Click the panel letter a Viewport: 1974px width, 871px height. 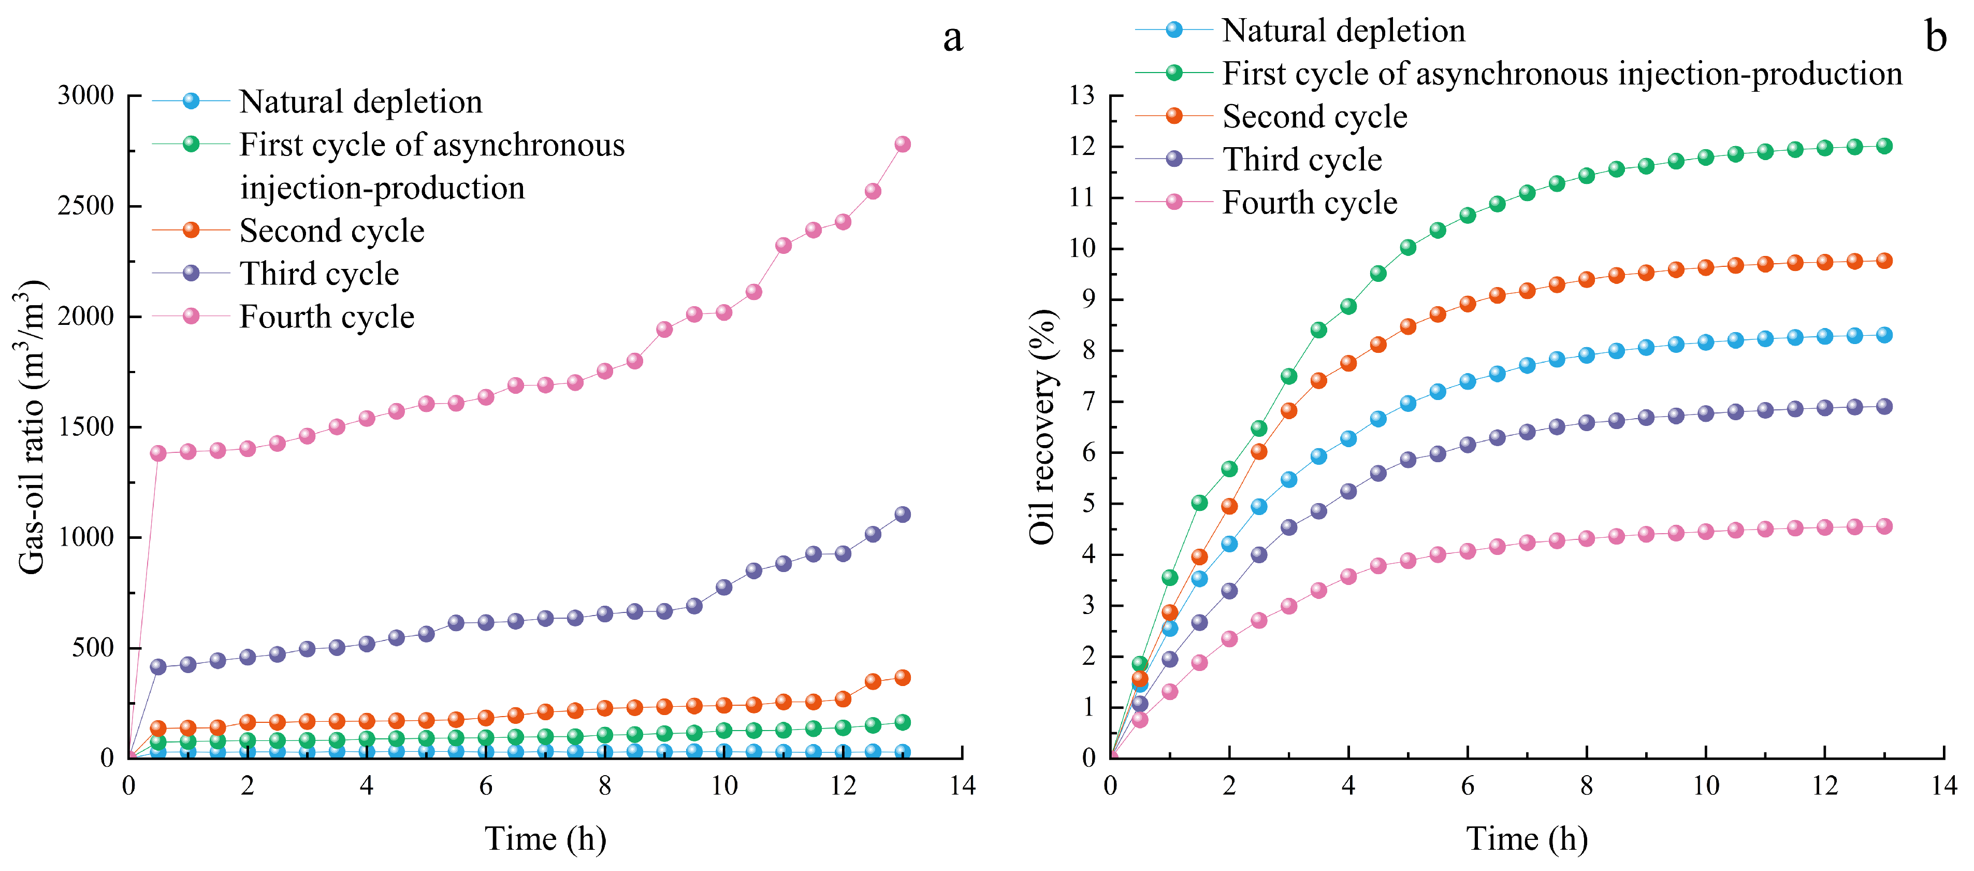click(x=952, y=39)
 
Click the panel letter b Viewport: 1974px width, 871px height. click(x=1936, y=36)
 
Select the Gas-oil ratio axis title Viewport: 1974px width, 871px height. click(x=31, y=427)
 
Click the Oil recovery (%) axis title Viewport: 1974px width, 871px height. click(x=1043, y=427)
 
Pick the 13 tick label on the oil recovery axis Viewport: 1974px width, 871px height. click(x=1083, y=96)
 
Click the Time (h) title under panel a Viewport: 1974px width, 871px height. click(x=546, y=839)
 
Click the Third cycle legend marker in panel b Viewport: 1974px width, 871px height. click(x=1174, y=159)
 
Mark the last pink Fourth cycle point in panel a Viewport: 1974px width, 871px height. click(x=903, y=144)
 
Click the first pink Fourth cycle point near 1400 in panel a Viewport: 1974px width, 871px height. click(x=158, y=453)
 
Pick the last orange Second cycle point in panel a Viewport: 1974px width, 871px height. click(x=903, y=678)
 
